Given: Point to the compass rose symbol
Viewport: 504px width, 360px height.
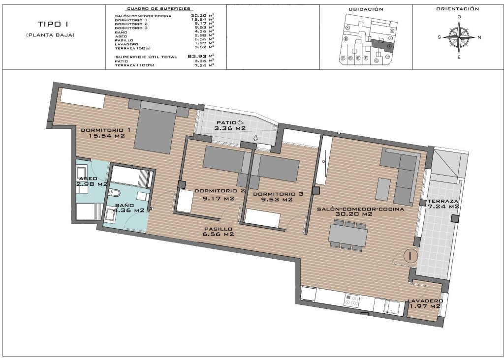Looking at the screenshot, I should (459, 37).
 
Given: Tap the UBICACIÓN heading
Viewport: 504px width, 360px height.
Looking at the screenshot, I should (366, 9).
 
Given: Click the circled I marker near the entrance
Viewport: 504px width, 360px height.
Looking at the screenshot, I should (410, 256).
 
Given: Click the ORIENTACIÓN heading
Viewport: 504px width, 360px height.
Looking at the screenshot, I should (458, 9).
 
